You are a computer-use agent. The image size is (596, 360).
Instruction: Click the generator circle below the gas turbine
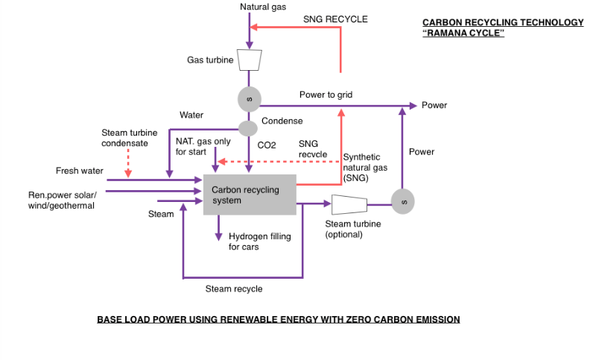[250, 98]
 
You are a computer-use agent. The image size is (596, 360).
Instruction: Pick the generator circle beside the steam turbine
[402, 201]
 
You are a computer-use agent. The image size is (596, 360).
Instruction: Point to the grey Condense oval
[247, 128]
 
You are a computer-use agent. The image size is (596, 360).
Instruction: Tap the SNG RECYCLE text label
[335, 19]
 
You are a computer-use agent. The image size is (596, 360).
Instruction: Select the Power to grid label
[326, 95]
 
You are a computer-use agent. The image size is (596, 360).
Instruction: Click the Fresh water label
[80, 171]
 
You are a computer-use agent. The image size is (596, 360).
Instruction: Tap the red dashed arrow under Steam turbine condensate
[128, 163]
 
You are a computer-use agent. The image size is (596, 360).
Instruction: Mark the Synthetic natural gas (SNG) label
[361, 167]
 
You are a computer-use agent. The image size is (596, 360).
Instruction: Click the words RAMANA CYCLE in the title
[463, 34]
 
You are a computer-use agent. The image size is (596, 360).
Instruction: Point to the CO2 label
[267, 145]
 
